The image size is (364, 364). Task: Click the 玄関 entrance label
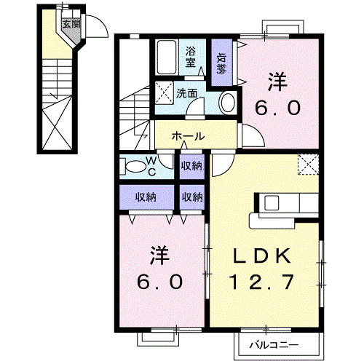click(x=71, y=23)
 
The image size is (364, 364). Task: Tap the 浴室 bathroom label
click(x=191, y=57)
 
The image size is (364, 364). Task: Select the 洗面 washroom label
click(x=187, y=93)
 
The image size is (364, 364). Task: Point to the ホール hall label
click(x=188, y=136)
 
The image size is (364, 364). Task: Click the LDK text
click(x=263, y=256)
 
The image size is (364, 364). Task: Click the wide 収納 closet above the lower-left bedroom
click(x=146, y=197)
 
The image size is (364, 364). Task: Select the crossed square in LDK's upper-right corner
click(x=309, y=165)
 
